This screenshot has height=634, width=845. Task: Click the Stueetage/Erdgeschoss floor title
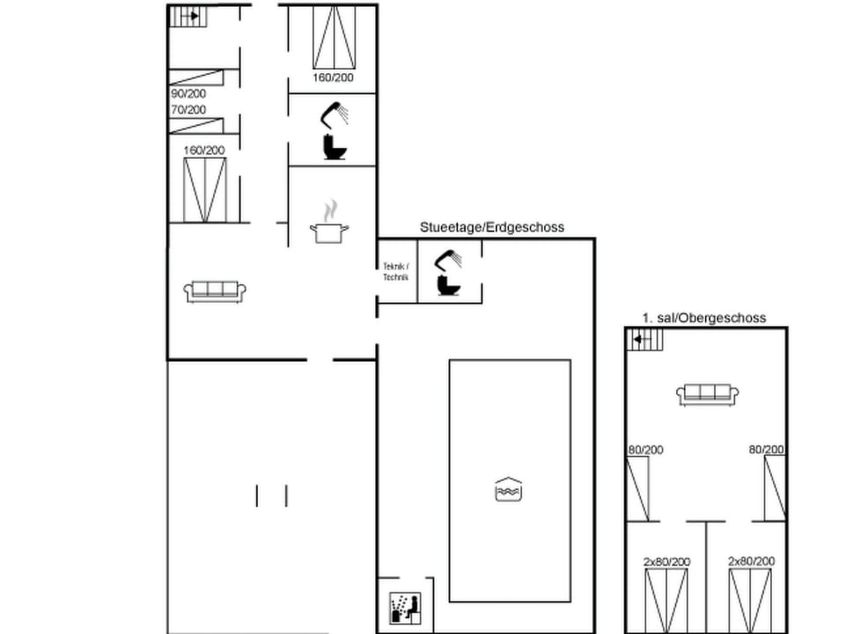click(492, 227)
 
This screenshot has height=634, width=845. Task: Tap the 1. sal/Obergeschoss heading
click(703, 318)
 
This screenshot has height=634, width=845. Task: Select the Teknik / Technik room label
click(396, 272)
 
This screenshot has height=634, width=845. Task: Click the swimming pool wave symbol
click(509, 489)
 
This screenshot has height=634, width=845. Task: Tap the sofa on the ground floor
click(215, 291)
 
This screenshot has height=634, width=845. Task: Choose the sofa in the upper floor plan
click(708, 394)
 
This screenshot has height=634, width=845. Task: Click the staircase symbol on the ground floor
click(186, 16)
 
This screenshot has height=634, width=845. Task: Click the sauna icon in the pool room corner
click(404, 607)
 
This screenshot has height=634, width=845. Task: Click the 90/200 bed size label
click(187, 92)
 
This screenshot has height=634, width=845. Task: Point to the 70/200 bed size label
click(187, 110)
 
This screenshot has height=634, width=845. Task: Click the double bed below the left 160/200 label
click(205, 189)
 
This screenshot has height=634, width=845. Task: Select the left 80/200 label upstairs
click(645, 450)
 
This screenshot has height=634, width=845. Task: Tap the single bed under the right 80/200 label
click(774, 488)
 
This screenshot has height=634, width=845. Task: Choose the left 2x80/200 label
click(666, 561)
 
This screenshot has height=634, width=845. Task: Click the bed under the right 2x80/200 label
click(750, 601)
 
